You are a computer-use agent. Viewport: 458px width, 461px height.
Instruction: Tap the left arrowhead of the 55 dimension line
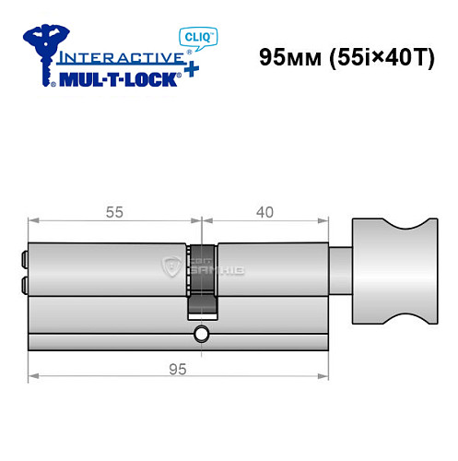(x=33, y=221)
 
